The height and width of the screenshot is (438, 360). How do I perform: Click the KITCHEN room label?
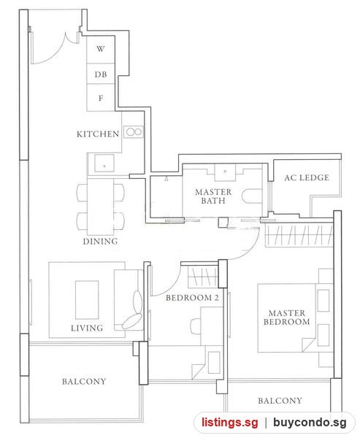(x=98, y=134)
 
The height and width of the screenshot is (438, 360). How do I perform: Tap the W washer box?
(x=101, y=50)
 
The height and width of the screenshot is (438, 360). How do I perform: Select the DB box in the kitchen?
(x=101, y=74)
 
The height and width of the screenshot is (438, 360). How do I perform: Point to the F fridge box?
(x=101, y=98)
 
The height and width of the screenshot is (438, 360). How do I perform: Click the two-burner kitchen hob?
(x=134, y=132)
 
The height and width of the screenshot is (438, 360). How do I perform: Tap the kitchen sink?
(x=104, y=163)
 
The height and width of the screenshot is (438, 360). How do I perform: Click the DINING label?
(x=100, y=242)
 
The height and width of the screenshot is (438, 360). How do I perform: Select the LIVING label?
(x=87, y=328)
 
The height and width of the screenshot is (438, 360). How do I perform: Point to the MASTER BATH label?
(x=213, y=196)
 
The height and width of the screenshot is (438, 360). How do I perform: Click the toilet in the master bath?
(x=251, y=196)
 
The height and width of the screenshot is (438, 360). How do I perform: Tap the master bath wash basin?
(x=225, y=172)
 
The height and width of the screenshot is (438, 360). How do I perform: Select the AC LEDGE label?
(x=307, y=177)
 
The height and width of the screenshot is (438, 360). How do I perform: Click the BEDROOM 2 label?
(x=192, y=298)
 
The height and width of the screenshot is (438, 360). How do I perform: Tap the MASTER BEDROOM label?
(x=287, y=318)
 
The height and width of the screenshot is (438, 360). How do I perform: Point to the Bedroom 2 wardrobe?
(x=203, y=277)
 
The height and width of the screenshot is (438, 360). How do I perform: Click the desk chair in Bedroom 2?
(x=196, y=325)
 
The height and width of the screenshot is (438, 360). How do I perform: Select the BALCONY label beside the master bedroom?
(x=280, y=401)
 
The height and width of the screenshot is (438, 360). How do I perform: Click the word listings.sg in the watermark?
(x=230, y=423)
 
